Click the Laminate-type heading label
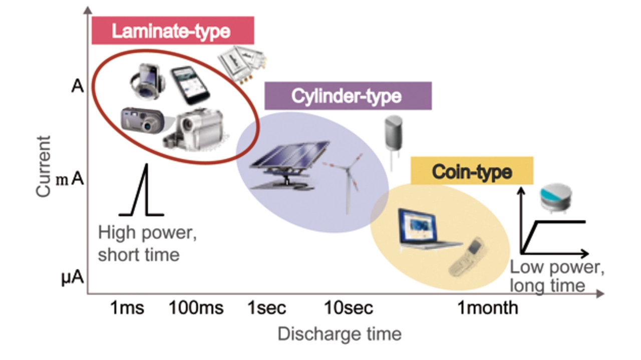(172, 31)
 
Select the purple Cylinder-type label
(348, 96)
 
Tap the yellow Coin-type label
(472, 171)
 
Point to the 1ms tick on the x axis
(127, 308)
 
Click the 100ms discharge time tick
(196, 308)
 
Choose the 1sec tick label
(267, 308)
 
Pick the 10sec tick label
(349, 308)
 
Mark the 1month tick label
(488, 308)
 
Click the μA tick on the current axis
(73, 278)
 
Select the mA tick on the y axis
(70, 179)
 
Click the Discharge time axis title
(340, 334)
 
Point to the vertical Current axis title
(44, 166)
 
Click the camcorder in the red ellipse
(195, 130)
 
